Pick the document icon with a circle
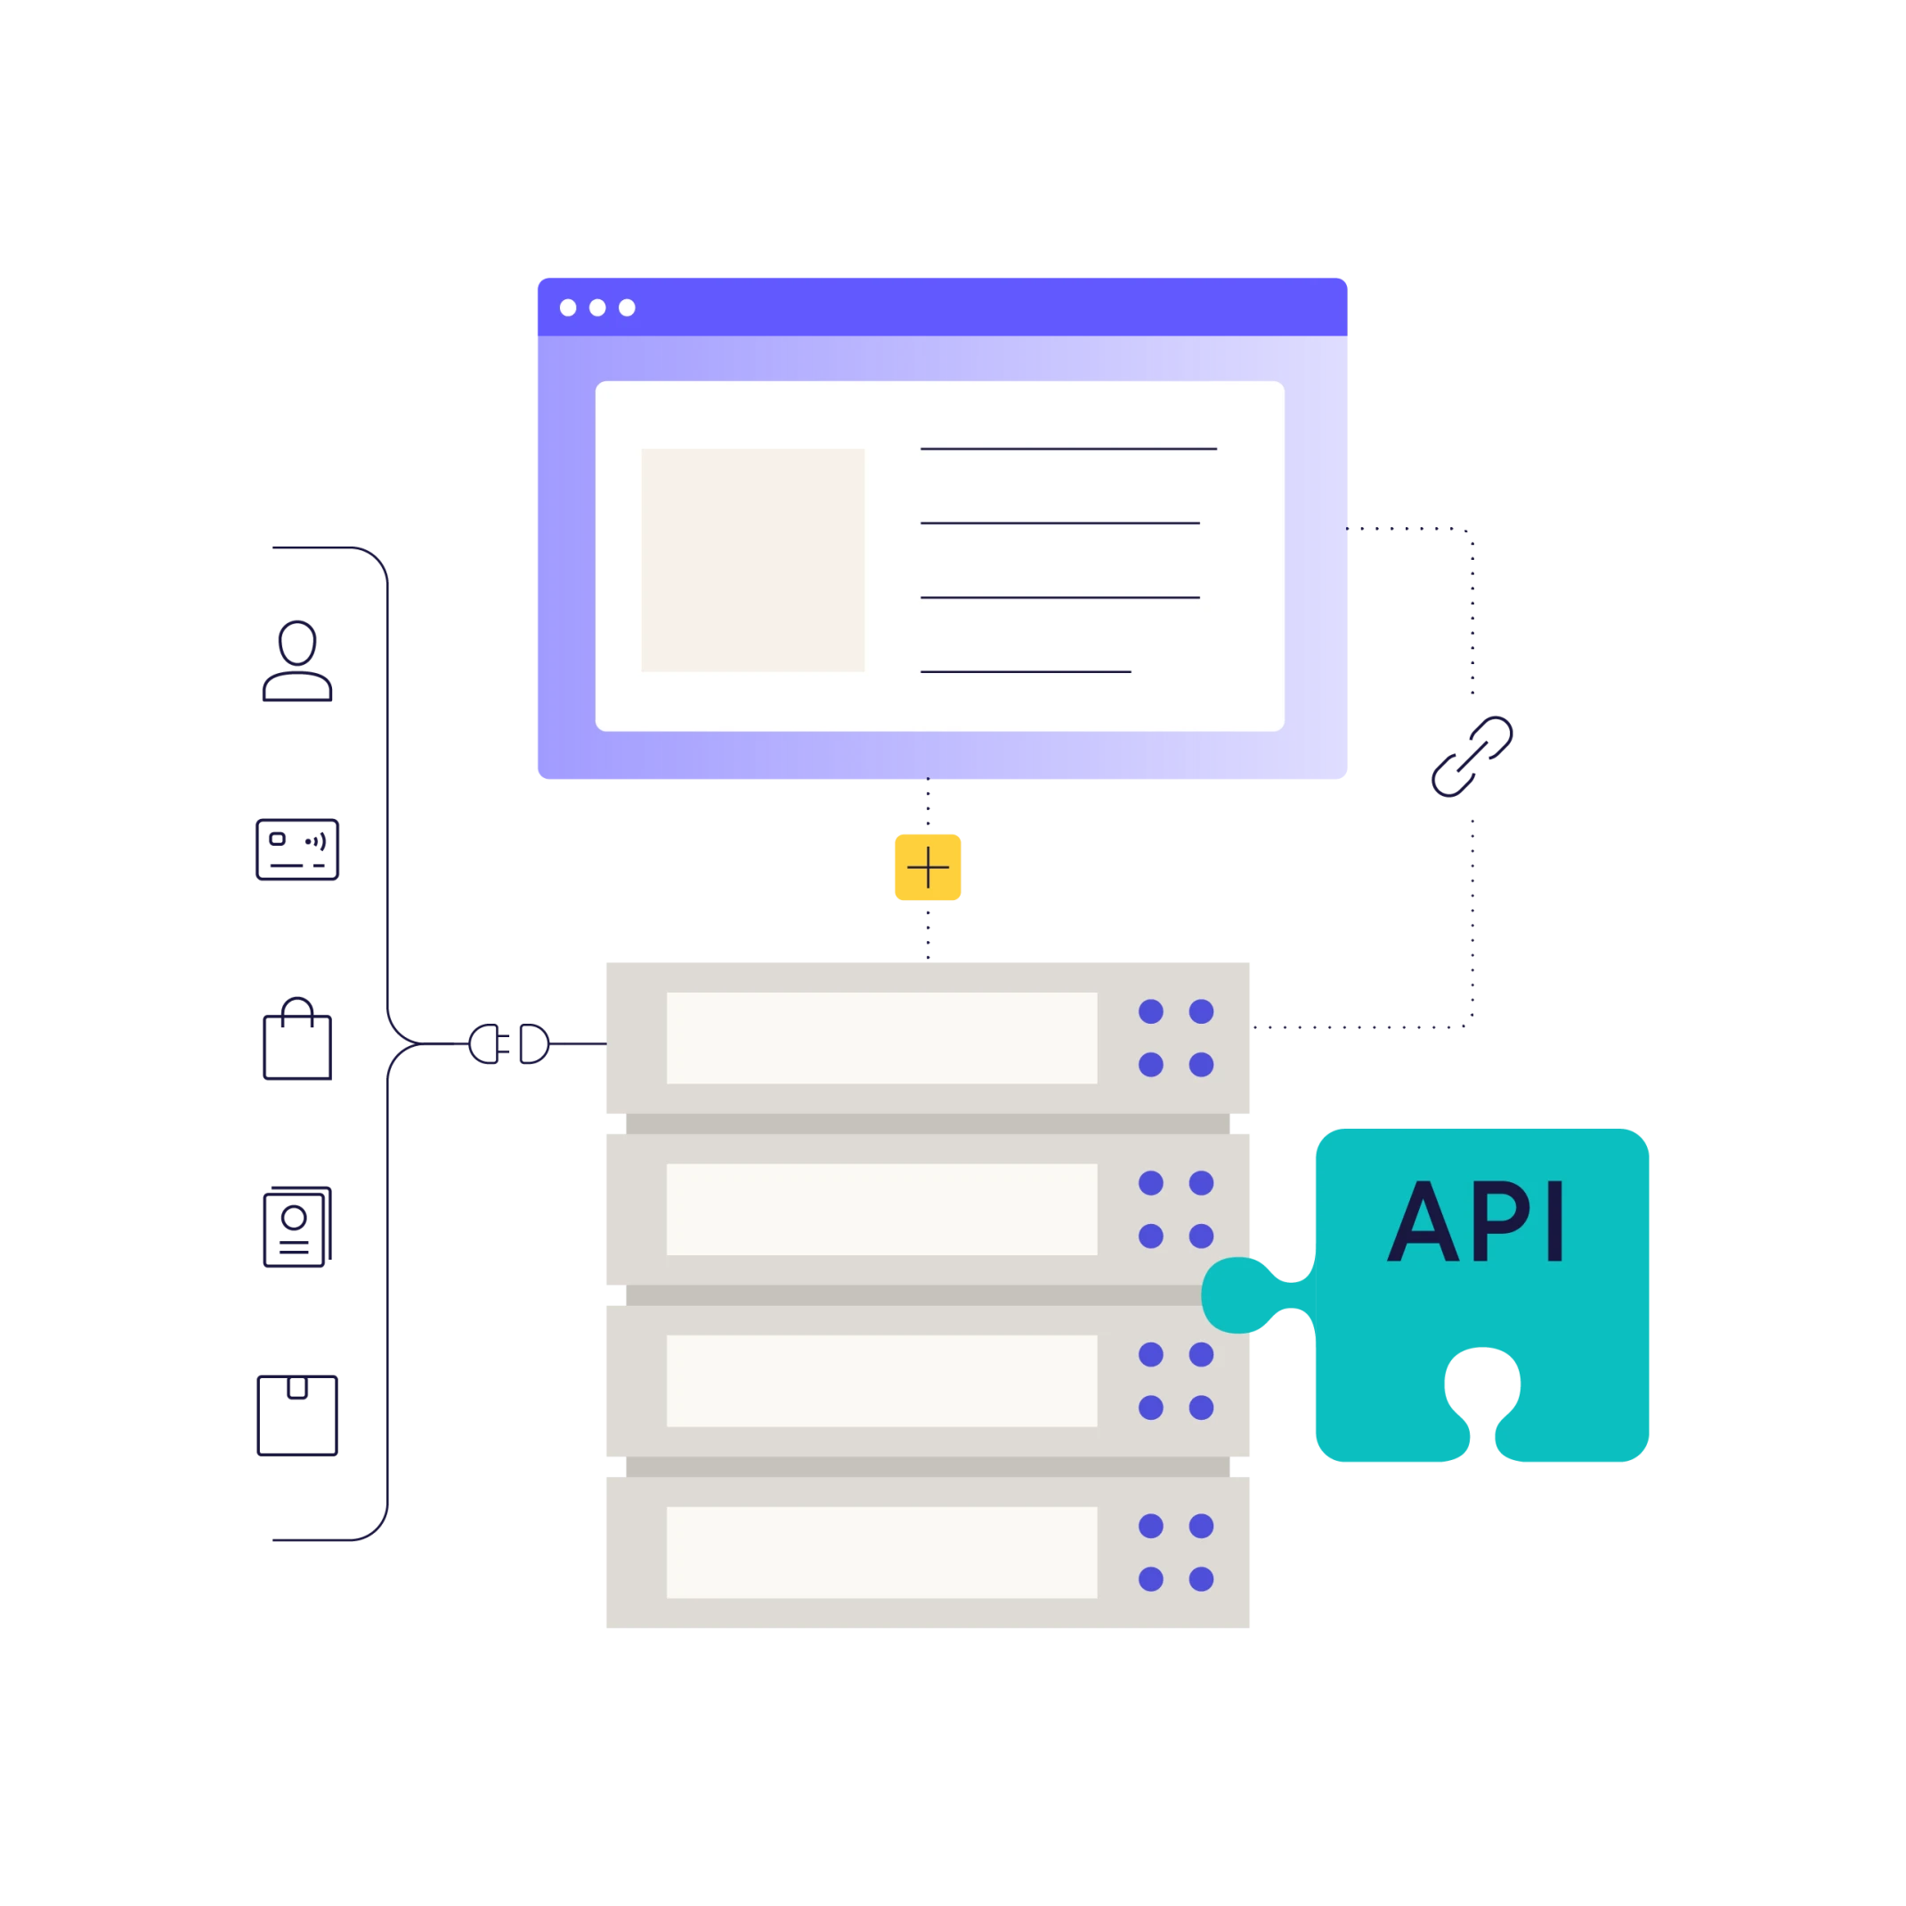click(296, 1228)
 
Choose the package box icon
click(299, 1416)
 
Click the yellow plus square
click(925, 868)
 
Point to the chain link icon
click(1473, 755)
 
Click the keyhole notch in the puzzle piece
click(1481, 1386)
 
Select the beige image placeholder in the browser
click(753, 559)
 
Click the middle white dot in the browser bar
click(596, 308)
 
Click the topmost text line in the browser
click(1068, 449)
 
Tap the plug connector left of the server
click(509, 1042)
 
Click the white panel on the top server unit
click(881, 1038)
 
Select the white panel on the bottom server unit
click(881, 1552)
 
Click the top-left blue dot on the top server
click(1150, 1011)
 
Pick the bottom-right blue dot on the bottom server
click(1201, 1579)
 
